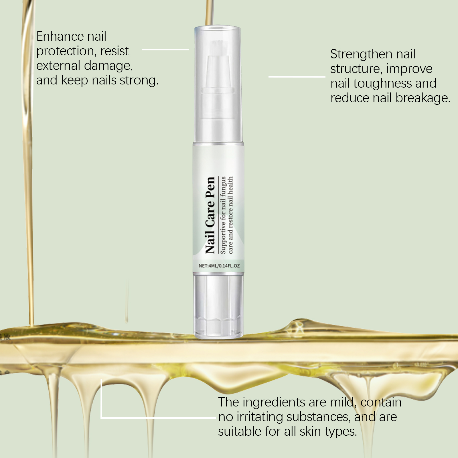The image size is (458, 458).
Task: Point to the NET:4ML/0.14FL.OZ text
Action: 219,266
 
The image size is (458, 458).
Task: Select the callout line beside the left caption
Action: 165,50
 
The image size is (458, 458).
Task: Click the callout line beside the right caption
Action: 297,77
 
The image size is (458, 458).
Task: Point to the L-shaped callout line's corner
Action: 101,418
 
